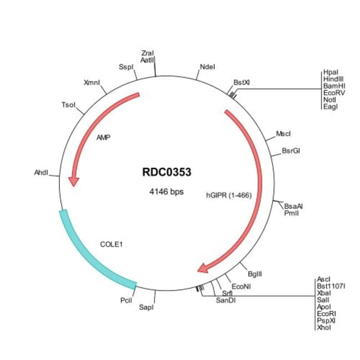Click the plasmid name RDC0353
pos(167,172)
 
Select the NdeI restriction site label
pos(207,68)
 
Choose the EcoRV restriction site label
pos(333,92)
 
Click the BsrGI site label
pos(291,150)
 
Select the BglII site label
pos(255,274)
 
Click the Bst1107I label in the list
pos(331,286)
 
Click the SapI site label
pos(146,307)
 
